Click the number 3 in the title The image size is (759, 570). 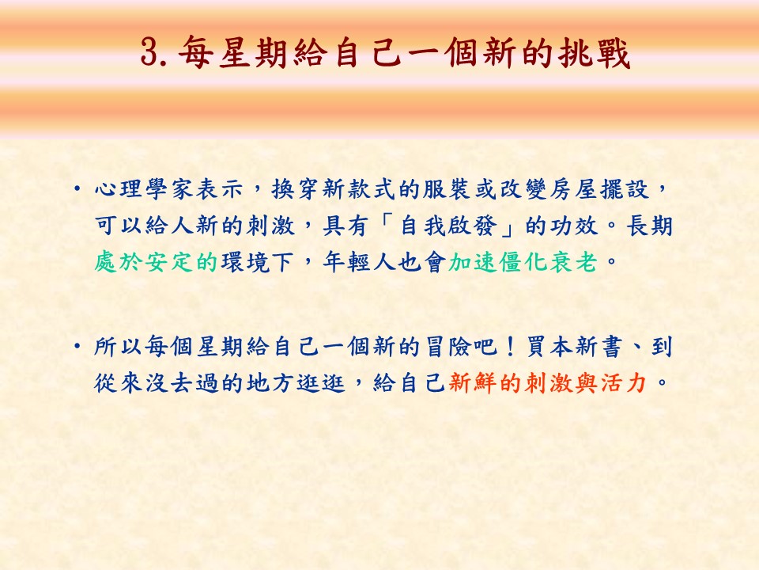coord(151,51)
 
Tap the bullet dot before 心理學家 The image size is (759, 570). coord(77,188)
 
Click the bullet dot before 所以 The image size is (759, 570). coord(77,346)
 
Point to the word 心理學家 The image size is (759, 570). coord(144,188)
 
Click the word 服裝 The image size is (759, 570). coord(447,188)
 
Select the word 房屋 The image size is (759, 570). coord(574,188)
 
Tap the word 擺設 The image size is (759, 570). coord(624,188)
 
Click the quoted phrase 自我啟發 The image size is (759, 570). coord(447,226)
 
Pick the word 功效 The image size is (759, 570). coord(574,226)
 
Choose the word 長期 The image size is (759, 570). coord(650,226)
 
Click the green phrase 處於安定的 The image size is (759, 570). coord(156,262)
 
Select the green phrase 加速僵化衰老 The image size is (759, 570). coord(523,262)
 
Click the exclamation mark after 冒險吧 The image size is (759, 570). coord(510,347)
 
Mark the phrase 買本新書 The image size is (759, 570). coord(574,347)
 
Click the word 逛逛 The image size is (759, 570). coord(320,383)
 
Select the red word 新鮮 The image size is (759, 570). coord(473,383)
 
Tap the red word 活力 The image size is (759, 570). coord(624,383)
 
